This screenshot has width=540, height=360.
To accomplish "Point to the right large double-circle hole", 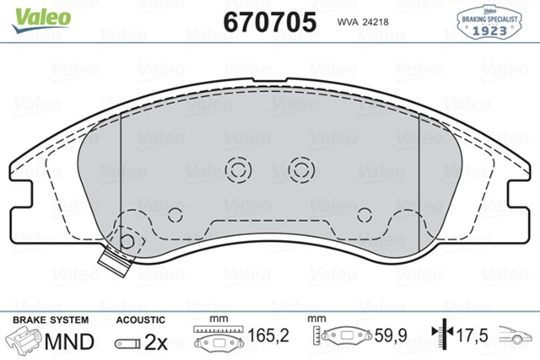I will tap(301, 169).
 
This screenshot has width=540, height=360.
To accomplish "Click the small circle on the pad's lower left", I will tap(175, 214).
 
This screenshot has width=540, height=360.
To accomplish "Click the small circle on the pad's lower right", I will tap(364, 214).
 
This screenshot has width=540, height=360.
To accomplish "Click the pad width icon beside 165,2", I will tap(219, 339).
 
